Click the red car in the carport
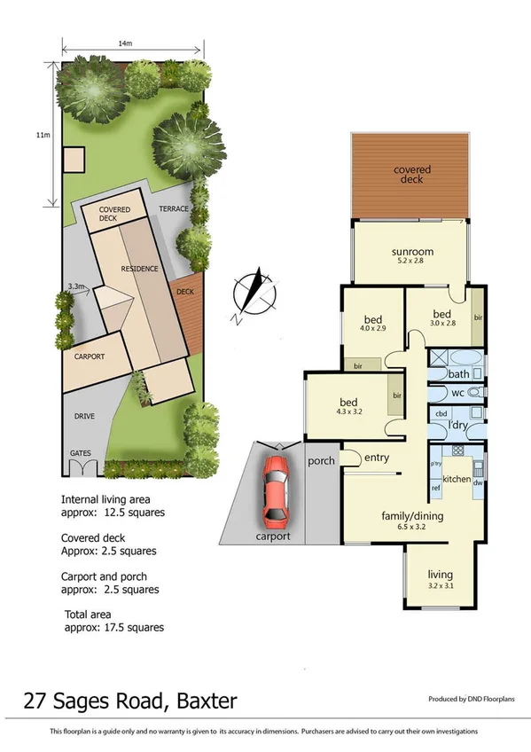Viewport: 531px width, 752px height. click(276, 490)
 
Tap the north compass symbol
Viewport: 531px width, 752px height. click(250, 294)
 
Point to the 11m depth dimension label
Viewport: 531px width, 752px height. click(42, 135)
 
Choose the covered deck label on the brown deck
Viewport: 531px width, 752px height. click(412, 175)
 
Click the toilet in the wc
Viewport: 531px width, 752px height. click(474, 391)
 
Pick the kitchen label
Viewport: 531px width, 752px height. click(457, 479)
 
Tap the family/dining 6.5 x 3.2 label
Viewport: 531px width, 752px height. click(412, 521)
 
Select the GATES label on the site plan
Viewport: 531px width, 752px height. click(81, 453)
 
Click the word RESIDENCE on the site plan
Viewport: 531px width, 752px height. click(140, 269)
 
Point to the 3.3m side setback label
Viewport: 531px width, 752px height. click(76, 286)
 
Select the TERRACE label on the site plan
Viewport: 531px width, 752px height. click(173, 209)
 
